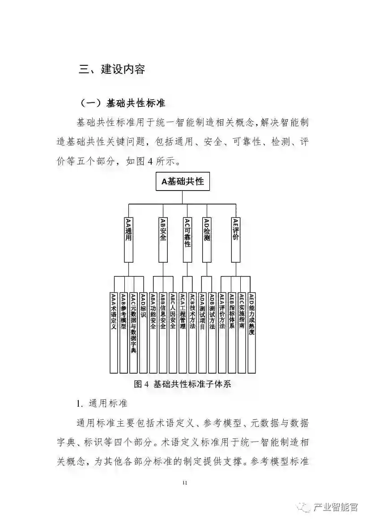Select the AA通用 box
coord(128,239)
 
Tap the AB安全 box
coord(163,239)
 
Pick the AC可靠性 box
coord(187,239)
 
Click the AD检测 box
coord(206,239)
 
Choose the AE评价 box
coord(236,239)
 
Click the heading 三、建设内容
coord(112,69)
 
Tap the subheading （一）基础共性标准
coord(122,103)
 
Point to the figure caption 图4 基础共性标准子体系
coord(183,384)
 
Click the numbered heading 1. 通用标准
coord(102,404)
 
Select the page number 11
coord(185,482)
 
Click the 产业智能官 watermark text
coord(336,506)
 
